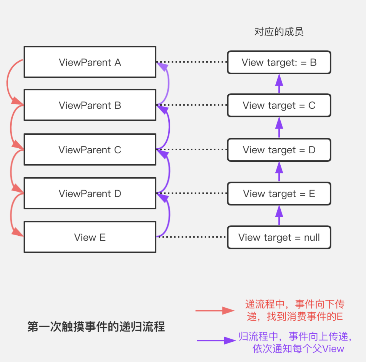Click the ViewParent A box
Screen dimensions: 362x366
pos(90,62)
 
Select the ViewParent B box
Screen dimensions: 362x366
pos(90,105)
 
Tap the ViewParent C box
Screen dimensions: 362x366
pos(90,150)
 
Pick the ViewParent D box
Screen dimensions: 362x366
pos(90,193)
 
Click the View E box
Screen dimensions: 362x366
pos(90,237)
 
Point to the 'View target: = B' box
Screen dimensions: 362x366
pos(279,62)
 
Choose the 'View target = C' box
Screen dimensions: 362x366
pos(279,105)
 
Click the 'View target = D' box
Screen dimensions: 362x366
pos(279,150)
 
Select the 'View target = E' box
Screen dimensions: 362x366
pos(279,194)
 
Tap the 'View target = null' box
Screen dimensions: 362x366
pos(279,237)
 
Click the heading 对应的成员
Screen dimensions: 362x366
pos(279,32)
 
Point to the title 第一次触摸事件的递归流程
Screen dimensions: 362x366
pos(96,327)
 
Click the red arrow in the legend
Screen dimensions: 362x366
pos(215,311)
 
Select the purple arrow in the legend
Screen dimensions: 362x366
pos(216,340)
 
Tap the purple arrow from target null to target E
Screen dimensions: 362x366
pos(279,215)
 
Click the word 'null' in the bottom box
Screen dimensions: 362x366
pos(312,237)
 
